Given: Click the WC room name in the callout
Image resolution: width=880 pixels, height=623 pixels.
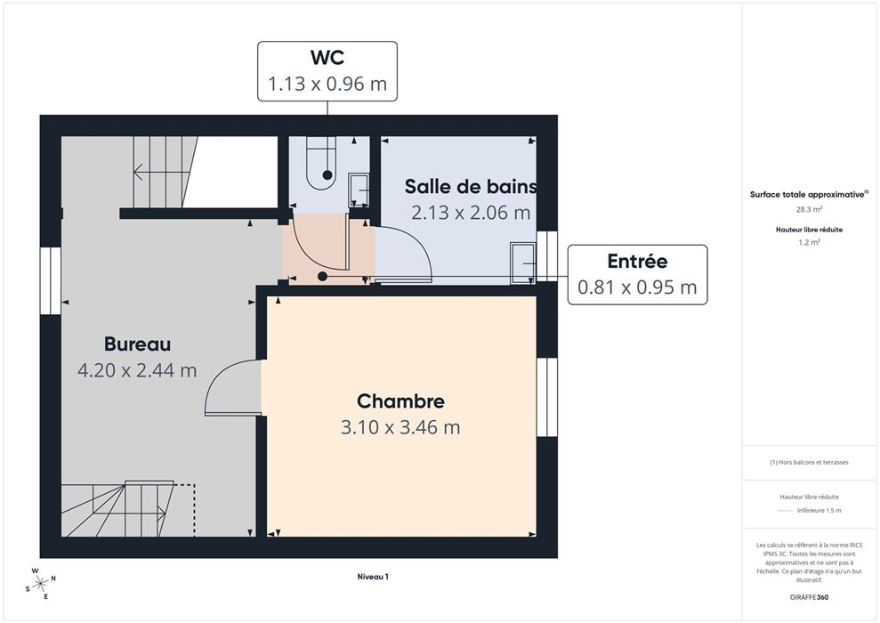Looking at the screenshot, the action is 327,57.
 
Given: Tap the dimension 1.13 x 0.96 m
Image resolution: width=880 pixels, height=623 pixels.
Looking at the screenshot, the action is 327,84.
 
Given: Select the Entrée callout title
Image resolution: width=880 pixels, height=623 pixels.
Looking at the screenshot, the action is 637,261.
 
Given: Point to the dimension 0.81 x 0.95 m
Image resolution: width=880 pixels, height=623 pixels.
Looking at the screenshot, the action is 637,287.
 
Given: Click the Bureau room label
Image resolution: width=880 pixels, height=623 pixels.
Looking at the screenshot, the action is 138,344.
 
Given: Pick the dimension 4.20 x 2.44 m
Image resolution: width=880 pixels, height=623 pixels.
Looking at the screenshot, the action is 138,370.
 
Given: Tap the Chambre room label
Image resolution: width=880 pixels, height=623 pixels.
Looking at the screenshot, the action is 400,401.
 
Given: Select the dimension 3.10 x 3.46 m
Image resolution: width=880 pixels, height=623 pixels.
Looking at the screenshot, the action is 400,428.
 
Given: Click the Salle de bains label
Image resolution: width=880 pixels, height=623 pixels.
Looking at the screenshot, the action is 471,186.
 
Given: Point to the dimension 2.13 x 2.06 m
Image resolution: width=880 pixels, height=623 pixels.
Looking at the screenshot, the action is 471,213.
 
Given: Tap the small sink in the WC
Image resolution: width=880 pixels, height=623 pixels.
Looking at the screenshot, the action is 359,190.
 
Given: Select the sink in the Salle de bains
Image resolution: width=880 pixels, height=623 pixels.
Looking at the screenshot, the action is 522,263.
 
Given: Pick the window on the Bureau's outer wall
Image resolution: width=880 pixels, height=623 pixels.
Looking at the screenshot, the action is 51,280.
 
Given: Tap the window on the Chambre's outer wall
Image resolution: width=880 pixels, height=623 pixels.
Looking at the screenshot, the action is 547,397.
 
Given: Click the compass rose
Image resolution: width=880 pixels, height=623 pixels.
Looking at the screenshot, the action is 40,584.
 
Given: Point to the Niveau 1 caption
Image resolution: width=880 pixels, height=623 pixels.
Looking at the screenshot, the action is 373,577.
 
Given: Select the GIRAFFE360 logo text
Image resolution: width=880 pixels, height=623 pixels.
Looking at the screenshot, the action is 809,597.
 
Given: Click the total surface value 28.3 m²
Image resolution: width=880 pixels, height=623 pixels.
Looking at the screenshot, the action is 809,209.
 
